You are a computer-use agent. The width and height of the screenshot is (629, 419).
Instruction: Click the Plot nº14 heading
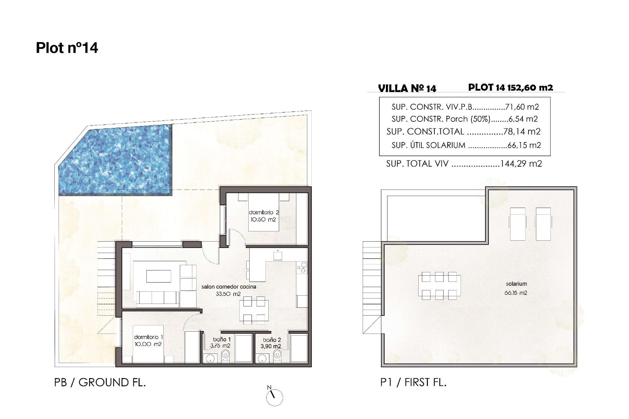[x=67, y=48]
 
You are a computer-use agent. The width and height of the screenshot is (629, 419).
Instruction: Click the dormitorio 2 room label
[x=264, y=213]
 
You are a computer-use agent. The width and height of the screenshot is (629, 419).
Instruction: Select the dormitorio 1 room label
[x=148, y=337]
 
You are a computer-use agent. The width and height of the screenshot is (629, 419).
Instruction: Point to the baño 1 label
[x=221, y=340]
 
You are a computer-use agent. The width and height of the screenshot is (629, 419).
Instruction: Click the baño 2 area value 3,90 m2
[x=271, y=346]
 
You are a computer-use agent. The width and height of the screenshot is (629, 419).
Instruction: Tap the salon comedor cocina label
[x=229, y=287]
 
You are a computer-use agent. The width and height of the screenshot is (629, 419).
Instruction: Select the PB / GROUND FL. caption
[x=100, y=382]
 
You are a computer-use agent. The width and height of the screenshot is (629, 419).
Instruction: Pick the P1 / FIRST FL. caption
[x=413, y=382]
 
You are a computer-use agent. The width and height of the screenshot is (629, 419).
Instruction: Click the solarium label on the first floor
[x=516, y=284]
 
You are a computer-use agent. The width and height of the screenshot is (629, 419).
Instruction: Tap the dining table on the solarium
[x=439, y=286]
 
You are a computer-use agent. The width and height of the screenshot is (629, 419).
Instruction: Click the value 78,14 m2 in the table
[x=522, y=132]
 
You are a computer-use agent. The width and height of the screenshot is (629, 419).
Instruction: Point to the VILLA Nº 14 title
[x=407, y=88]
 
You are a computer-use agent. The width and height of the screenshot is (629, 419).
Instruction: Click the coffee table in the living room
[x=159, y=276]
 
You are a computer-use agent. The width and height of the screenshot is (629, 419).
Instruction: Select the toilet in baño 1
[x=226, y=355]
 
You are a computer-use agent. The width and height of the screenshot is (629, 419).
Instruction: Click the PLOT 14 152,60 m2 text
[x=510, y=88]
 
